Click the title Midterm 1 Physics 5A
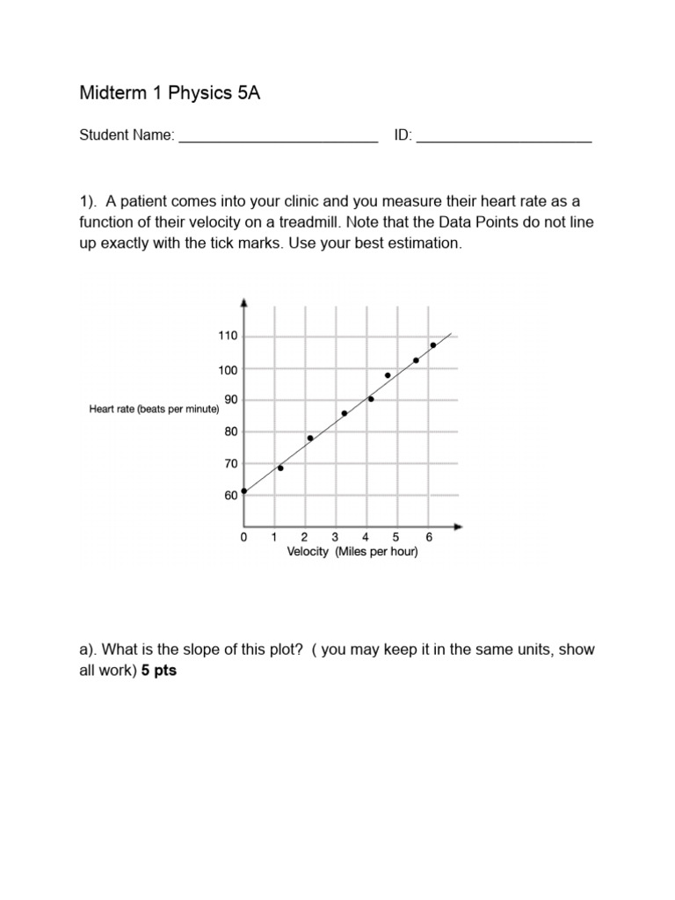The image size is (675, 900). pos(170,94)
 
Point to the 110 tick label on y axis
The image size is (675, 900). pos(228,337)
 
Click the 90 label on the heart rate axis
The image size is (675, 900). pos(229,400)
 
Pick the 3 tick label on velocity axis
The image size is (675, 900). pos(335,537)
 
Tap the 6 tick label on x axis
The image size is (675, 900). pos(428,537)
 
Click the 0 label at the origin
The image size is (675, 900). pos(243,537)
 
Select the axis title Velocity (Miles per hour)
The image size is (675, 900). pos(352,552)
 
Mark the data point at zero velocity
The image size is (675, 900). pos(243,491)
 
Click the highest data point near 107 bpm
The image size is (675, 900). pos(433,345)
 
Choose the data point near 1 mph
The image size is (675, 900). pos(280,468)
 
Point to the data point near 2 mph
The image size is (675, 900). pos(310,438)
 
